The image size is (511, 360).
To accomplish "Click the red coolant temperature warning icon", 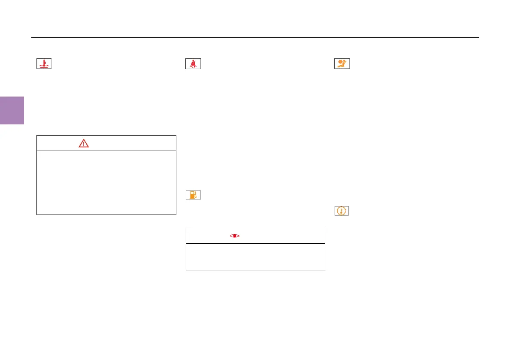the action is pyautogui.click(x=44, y=64).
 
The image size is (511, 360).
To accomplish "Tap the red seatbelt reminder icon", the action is pyautogui.click(x=193, y=64).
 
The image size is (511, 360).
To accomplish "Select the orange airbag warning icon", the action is pyautogui.click(x=342, y=64).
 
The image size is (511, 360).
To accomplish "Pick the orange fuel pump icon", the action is pyautogui.click(x=193, y=195).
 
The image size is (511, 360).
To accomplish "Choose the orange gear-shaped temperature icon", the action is pyautogui.click(x=342, y=211).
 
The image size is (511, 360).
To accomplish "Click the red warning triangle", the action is pyautogui.click(x=84, y=143).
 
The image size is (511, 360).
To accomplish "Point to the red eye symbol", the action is pyautogui.click(x=234, y=236).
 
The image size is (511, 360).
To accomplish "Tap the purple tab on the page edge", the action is pyautogui.click(x=12, y=110).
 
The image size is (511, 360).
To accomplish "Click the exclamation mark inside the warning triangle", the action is pyautogui.click(x=84, y=144).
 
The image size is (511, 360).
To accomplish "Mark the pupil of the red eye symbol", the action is pyautogui.click(x=234, y=236).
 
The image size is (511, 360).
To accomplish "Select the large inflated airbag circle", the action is pyautogui.click(x=340, y=62).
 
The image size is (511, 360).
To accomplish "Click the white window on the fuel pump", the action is pyautogui.click(x=192, y=194).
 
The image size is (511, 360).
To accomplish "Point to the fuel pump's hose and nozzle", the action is pyautogui.click(x=196, y=196).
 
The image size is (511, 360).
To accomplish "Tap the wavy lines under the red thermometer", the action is pyautogui.click(x=44, y=67).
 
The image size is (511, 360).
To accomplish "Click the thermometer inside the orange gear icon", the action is pyautogui.click(x=342, y=211).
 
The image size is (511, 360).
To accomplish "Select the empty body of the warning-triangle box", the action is pyautogui.click(x=106, y=182).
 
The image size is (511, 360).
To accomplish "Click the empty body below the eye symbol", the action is pyautogui.click(x=255, y=257).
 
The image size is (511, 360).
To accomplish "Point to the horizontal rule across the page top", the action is pyautogui.click(x=255, y=37).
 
